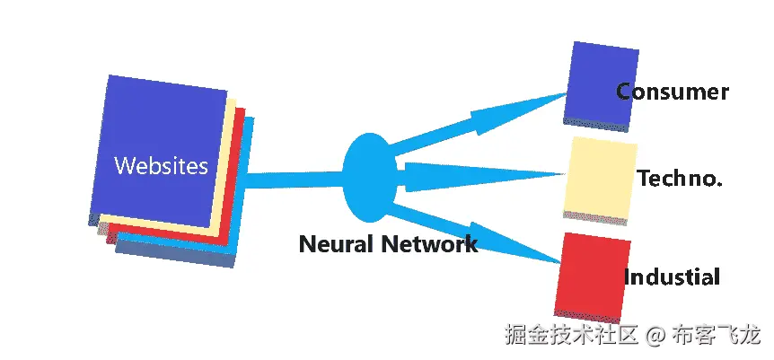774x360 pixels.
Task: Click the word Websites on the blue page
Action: tap(161, 166)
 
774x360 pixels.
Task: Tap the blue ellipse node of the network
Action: tap(369, 177)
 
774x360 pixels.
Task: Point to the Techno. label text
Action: tap(680, 179)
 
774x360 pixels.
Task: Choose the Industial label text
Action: tap(673, 277)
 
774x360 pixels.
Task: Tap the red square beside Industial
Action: tap(589, 275)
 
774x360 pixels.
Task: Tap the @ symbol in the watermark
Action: tap(655, 336)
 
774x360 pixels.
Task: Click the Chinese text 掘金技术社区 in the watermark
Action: tap(571, 336)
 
